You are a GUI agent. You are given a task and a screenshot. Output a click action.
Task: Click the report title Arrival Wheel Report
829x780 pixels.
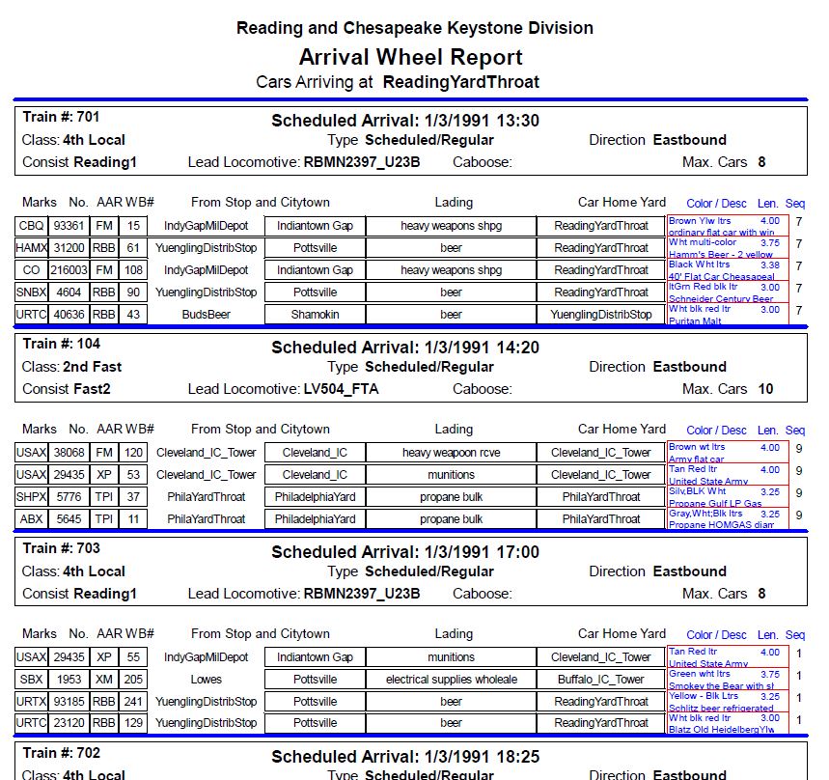click(x=410, y=57)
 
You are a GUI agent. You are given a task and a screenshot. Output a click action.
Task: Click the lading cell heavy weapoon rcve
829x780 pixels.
click(x=452, y=453)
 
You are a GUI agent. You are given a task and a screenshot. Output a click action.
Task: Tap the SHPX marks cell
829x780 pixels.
click(x=27, y=497)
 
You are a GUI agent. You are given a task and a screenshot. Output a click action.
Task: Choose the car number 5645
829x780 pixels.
click(x=69, y=519)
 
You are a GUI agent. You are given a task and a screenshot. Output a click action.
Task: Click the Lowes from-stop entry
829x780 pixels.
click(x=206, y=680)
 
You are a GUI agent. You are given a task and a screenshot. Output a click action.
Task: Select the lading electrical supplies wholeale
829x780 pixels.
click(x=452, y=680)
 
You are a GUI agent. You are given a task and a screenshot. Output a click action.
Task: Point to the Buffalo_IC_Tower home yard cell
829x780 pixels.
click(x=601, y=680)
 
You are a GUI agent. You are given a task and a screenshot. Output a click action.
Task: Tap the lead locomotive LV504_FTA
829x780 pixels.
click(x=341, y=389)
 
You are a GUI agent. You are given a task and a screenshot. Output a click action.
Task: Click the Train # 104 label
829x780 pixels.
click(x=61, y=344)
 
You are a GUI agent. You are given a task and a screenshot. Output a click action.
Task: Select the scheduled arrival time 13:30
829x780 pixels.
click(x=516, y=121)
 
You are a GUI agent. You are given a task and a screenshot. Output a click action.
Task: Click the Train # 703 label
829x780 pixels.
click(x=61, y=548)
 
